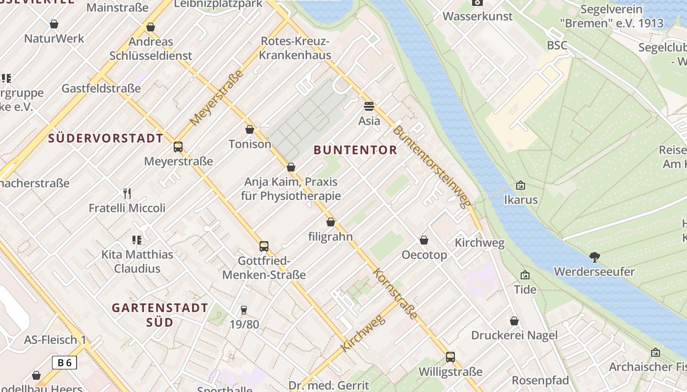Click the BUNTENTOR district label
point(355,150)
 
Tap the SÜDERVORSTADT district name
point(106,138)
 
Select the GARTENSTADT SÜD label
point(160,315)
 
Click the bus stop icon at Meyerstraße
point(178,147)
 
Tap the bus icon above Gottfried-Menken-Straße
point(264,246)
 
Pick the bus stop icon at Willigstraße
point(450,357)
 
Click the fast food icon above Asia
point(369,106)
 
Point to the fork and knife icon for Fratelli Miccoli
point(127,193)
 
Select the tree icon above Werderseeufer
point(594,257)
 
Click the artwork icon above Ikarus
point(521,185)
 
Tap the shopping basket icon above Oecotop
point(424,240)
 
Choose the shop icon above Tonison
point(250,129)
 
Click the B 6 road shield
point(64,363)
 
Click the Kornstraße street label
point(395,294)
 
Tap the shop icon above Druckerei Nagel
point(514,321)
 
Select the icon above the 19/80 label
point(244,310)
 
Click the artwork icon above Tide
point(525,275)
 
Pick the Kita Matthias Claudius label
point(137,262)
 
